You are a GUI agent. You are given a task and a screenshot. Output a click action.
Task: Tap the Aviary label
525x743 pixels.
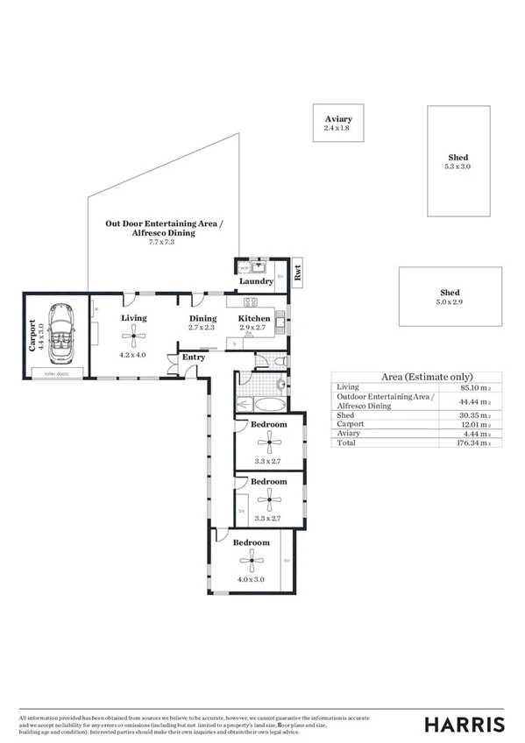coord(337,119)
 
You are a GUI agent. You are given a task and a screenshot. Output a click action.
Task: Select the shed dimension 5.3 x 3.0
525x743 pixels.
coord(458,166)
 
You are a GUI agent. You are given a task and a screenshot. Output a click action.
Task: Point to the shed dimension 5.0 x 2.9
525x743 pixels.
coord(450,301)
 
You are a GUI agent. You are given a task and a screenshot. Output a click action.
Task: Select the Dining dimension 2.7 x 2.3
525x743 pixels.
coord(202,327)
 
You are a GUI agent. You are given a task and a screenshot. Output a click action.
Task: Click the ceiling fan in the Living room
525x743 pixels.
coord(133,332)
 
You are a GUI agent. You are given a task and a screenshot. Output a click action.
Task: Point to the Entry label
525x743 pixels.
coord(193,357)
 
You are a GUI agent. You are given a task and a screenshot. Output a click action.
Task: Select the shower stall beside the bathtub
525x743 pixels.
coord(247,380)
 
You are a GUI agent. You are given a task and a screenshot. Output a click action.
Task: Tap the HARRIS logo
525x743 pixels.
coord(464,723)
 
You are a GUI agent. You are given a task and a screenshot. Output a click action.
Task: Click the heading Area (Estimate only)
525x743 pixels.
coord(415,376)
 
